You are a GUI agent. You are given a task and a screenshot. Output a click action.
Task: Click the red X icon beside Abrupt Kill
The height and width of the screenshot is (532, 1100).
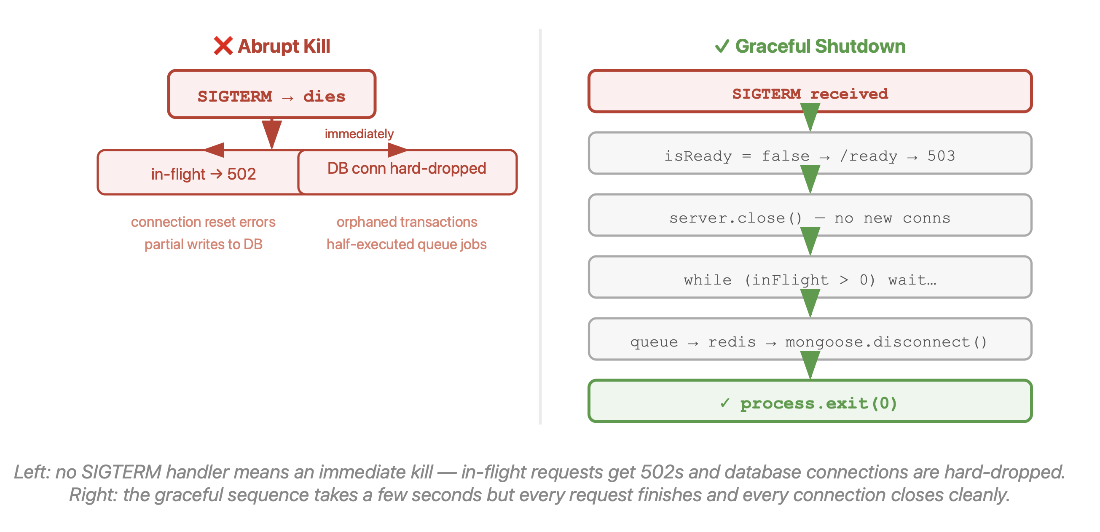point(223,46)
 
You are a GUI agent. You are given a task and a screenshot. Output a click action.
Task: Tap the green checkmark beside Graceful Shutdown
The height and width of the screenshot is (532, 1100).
point(722,46)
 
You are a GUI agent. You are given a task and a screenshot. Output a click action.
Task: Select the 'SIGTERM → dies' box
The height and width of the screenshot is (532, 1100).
point(271,94)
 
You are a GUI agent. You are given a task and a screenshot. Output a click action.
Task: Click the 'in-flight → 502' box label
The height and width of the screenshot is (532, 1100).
point(203,174)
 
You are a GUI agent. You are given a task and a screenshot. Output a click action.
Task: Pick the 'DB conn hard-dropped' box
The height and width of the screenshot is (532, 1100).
point(408,172)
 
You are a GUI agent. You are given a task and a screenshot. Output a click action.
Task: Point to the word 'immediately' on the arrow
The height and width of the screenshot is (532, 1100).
point(359,134)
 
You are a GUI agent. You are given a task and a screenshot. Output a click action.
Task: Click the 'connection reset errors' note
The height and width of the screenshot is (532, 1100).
point(203,222)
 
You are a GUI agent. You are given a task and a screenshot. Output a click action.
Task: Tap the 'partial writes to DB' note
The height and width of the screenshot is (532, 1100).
point(203,244)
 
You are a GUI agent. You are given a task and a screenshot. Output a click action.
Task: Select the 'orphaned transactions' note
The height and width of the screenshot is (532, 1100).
point(407,222)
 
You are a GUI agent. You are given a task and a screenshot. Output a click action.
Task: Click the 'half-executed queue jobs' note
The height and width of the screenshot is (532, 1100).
point(407,244)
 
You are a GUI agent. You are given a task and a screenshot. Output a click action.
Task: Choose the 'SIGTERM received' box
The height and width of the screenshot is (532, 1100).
point(810,91)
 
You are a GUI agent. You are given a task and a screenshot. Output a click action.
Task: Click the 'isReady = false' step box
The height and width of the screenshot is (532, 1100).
point(810,153)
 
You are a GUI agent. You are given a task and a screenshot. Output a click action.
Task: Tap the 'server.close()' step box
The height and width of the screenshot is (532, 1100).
point(810,215)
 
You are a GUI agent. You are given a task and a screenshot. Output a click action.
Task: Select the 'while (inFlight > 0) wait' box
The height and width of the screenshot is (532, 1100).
point(810,277)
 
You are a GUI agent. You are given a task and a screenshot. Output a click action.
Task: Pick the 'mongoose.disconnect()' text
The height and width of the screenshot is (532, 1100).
point(886,342)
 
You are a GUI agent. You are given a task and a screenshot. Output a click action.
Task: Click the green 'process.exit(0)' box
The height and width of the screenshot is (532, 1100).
point(810,401)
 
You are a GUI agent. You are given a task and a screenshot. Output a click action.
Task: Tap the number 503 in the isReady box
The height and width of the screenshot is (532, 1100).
point(941,156)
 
